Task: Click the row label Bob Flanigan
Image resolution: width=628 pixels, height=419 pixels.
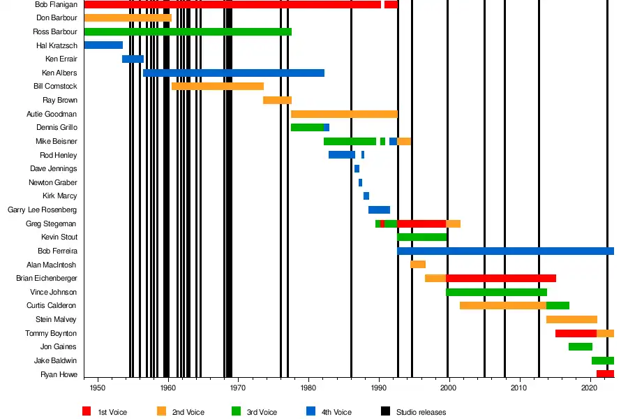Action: coord(56,4)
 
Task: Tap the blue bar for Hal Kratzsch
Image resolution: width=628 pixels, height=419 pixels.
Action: coord(103,45)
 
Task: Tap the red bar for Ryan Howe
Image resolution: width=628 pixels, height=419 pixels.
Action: coord(605,374)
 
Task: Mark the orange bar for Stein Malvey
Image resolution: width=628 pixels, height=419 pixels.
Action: coord(571,319)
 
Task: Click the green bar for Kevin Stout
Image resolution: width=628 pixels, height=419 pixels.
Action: coord(421,237)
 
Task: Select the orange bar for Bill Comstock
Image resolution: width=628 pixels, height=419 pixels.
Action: coord(217,86)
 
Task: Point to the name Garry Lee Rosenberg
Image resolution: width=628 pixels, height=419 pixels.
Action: coord(42,209)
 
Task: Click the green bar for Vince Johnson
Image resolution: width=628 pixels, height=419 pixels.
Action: coord(496,292)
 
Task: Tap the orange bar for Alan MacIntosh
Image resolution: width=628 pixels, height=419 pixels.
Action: coord(418,265)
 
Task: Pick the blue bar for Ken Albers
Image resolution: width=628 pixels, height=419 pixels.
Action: coord(234,73)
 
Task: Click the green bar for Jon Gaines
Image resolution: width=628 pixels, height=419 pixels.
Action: coord(581,346)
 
